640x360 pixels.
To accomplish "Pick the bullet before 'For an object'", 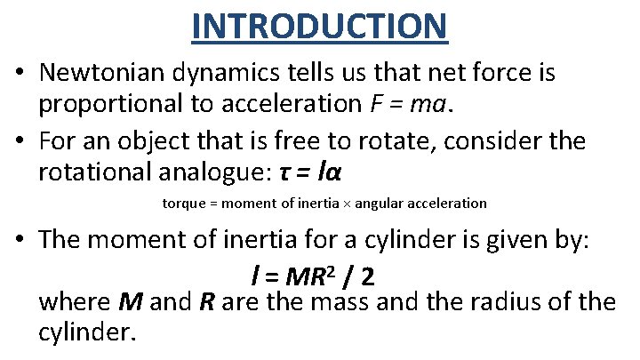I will coord(19,140).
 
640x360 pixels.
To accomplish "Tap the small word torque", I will coord(182,204).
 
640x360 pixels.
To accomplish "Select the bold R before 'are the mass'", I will coord(207,302).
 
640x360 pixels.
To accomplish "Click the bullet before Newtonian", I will coord(19,73).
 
